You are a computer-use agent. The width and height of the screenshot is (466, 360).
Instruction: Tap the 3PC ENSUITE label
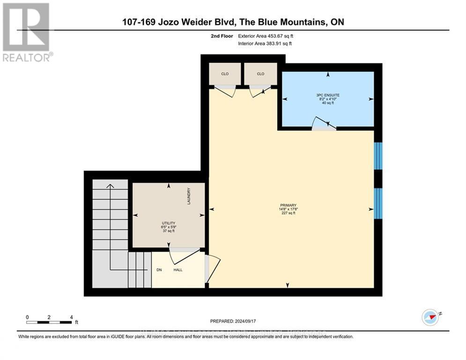(x=327, y=95)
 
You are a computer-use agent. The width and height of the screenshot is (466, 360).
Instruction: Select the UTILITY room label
(x=169, y=223)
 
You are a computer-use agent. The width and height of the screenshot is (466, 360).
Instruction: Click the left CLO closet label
(x=225, y=74)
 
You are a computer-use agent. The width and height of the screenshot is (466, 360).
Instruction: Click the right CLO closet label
(x=260, y=74)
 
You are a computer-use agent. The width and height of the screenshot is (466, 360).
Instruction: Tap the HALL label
(x=178, y=270)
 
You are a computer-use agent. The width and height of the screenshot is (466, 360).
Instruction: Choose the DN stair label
(x=159, y=270)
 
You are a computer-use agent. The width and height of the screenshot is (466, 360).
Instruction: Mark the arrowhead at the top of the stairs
(x=110, y=186)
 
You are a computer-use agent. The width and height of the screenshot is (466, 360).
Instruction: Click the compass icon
(x=429, y=317)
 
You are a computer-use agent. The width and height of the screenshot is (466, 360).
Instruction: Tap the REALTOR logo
(x=26, y=32)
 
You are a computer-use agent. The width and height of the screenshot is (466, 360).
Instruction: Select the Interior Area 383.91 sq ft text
(x=265, y=44)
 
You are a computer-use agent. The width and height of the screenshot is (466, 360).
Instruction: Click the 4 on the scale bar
(x=71, y=317)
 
